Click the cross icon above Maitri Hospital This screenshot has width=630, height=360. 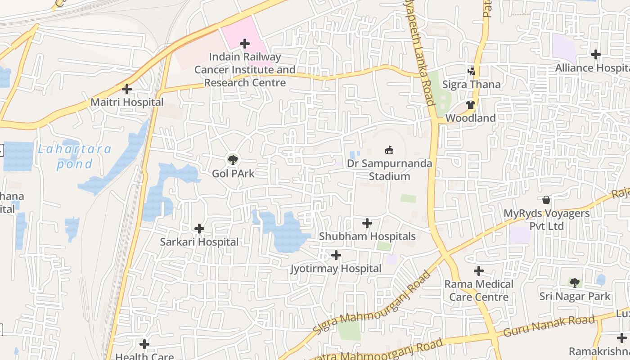(127, 89)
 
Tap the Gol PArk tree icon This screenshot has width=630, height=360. (233, 160)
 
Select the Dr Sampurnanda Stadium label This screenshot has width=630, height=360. (389, 170)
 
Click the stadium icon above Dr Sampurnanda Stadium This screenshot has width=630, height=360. (389, 150)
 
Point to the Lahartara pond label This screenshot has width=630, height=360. (74, 156)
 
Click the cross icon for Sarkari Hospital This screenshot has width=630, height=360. (199, 229)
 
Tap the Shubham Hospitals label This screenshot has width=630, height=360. (367, 236)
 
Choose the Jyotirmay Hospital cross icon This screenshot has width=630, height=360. (336, 256)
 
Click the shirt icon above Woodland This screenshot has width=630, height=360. (471, 105)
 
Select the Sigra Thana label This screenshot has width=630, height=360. (471, 85)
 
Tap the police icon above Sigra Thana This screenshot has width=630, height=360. (471, 71)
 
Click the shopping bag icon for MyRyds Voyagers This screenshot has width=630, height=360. (546, 200)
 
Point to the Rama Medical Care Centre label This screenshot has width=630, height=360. (479, 291)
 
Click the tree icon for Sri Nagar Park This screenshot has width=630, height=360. (574, 283)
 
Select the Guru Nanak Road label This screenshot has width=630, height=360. (549, 326)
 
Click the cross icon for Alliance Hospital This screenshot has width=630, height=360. (596, 54)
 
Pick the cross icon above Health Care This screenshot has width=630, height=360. (144, 345)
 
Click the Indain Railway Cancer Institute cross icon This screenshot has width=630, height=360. (245, 44)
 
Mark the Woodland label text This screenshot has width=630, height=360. (471, 118)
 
